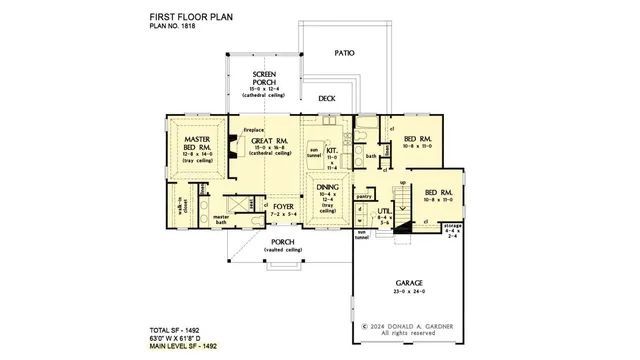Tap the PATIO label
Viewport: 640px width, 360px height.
click(x=344, y=52)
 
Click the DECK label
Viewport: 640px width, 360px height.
click(x=326, y=99)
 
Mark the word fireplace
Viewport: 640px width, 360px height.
click(x=253, y=130)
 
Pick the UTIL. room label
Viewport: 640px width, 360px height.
click(x=383, y=212)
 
